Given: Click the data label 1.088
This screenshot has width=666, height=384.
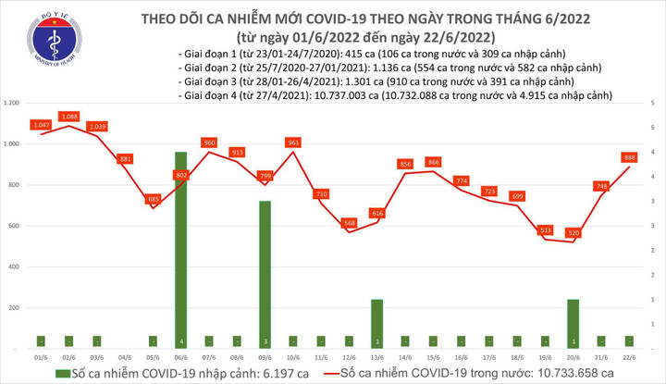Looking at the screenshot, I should [68, 116].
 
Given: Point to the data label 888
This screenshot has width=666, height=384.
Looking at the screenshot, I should [629, 157].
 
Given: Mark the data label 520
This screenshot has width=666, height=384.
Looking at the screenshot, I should [573, 232].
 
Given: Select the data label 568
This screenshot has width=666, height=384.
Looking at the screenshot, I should [349, 223].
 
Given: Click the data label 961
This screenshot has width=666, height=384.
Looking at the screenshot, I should [294, 142].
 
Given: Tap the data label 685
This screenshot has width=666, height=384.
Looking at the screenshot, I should [154, 199].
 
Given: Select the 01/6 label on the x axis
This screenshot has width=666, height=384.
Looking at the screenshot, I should [41, 357].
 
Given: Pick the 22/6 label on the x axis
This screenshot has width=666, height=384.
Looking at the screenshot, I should [629, 357].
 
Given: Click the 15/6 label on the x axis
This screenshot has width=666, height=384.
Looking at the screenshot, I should [433, 357].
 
